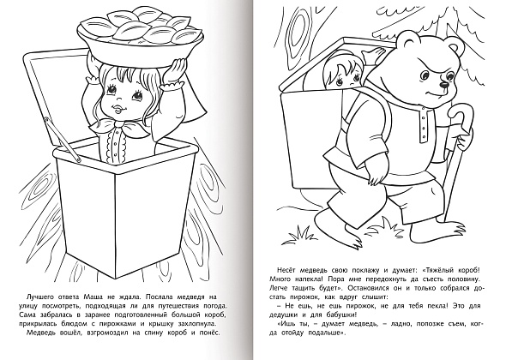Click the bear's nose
click(444, 85)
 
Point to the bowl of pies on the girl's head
click(140, 33)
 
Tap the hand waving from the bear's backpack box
click(372, 55)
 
